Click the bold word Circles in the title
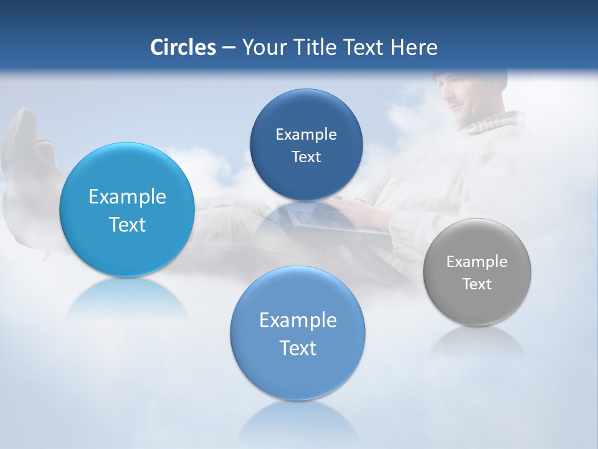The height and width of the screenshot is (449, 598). [183, 47]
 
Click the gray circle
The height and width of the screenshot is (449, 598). [477, 272]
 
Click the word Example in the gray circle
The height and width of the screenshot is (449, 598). [477, 262]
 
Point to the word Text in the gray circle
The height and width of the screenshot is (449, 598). [477, 284]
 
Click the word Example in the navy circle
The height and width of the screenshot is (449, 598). [306, 135]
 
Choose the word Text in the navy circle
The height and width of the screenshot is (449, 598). [306, 157]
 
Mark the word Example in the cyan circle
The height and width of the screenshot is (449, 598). [127, 197]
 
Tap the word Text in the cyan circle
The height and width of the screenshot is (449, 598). [127, 225]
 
